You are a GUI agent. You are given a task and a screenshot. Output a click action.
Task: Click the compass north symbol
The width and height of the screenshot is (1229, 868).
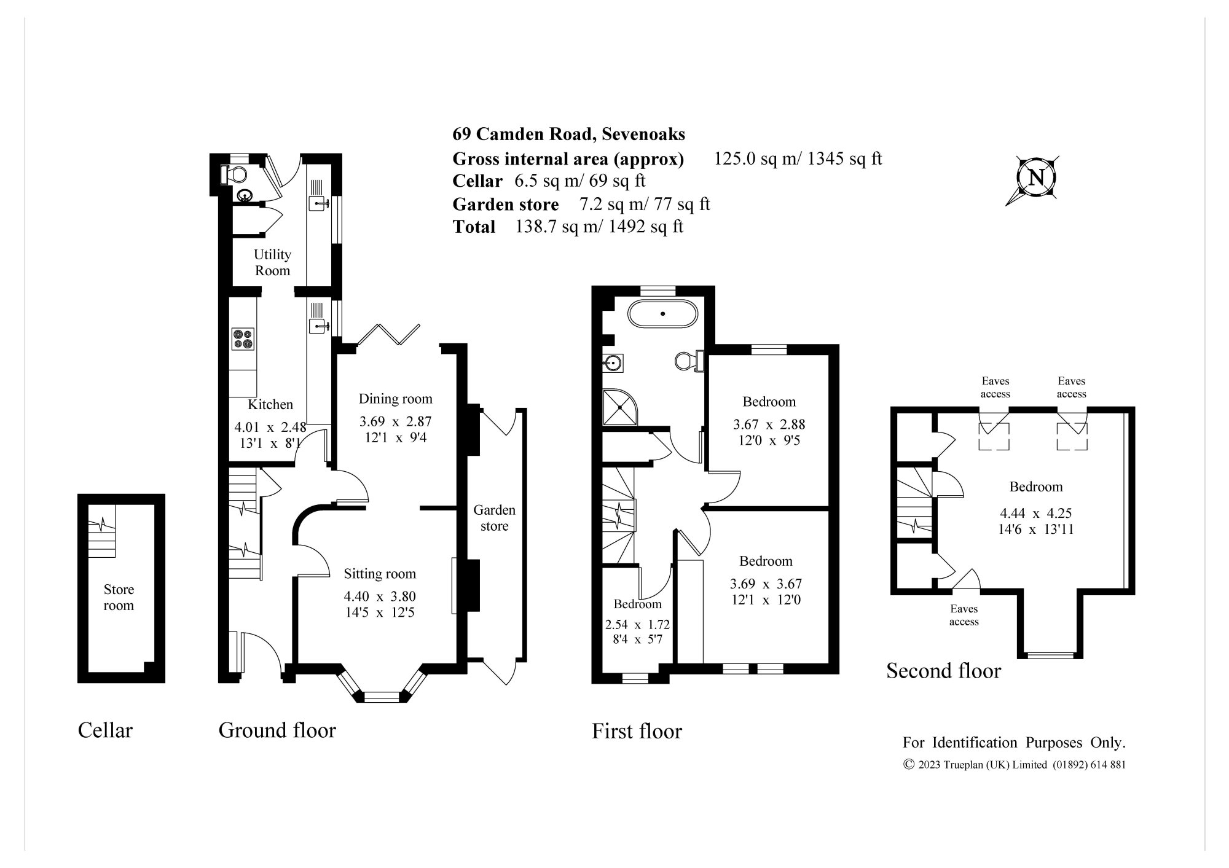(1036, 178)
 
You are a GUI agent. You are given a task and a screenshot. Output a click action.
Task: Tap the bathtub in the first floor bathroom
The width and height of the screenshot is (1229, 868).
(663, 315)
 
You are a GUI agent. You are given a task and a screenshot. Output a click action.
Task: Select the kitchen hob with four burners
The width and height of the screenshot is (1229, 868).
(243, 339)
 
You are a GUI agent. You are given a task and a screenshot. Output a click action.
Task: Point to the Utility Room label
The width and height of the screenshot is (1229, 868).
(272, 262)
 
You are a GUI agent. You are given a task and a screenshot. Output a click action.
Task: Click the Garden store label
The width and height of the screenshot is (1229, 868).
(494, 518)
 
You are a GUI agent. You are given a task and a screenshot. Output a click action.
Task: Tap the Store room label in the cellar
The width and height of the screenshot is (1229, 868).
(119, 597)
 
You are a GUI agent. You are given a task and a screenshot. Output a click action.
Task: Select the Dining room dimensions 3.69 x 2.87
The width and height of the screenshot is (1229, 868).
(395, 422)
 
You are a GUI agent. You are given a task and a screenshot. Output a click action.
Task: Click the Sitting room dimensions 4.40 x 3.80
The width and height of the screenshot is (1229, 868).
(380, 596)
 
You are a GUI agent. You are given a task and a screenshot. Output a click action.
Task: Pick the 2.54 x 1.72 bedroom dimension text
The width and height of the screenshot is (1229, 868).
(637, 625)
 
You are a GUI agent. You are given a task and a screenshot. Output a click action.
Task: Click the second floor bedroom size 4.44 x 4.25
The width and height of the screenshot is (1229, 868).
(1035, 513)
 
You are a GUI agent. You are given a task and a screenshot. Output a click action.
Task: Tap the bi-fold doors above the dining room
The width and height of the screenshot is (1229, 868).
(388, 335)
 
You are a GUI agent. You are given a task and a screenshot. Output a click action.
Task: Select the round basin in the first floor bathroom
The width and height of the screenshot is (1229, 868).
(613, 363)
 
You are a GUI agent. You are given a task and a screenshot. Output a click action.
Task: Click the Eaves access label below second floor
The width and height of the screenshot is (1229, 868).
(964, 615)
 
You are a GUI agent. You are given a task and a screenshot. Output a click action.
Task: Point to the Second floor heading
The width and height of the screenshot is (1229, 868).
(943, 670)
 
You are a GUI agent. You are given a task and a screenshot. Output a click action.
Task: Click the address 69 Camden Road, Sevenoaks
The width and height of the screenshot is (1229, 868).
(568, 134)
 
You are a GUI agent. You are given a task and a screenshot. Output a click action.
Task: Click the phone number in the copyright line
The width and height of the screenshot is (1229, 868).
(1089, 765)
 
